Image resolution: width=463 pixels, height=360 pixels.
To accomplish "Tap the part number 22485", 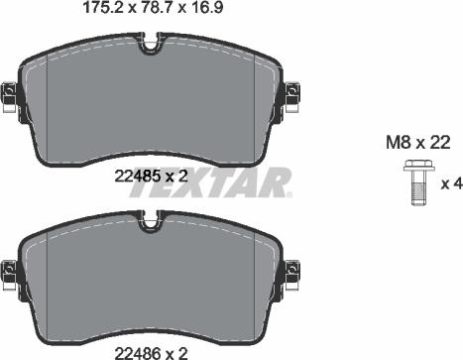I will (137, 177).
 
